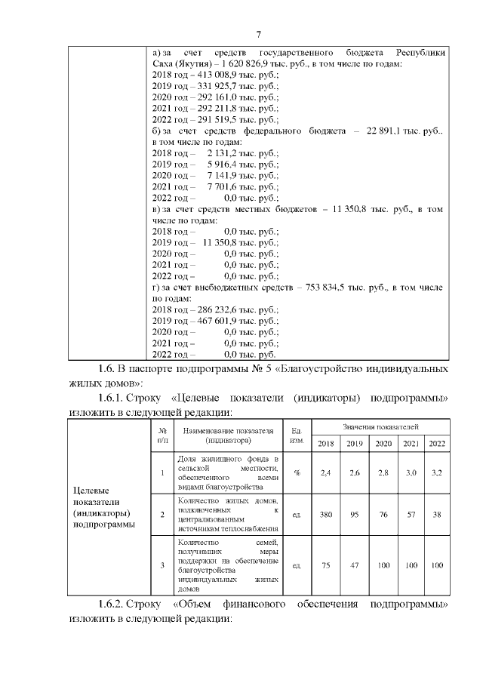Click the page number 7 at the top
coord(258,34)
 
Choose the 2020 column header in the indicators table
coord(383,443)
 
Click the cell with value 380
coord(325,515)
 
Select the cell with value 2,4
coord(325,472)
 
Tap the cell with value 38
coord(436,515)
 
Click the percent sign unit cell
coord(297,472)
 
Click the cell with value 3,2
coord(436,472)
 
